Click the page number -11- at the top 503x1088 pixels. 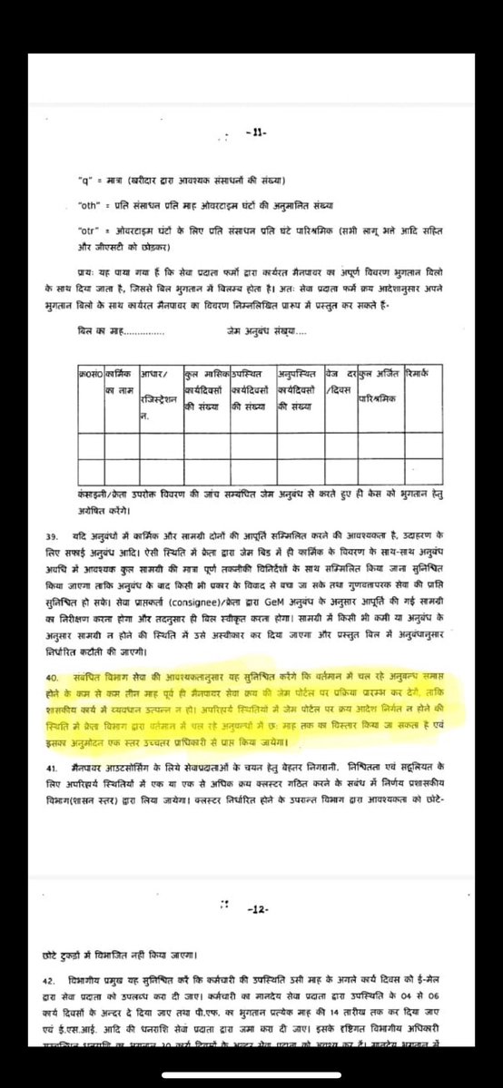[251, 133]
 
